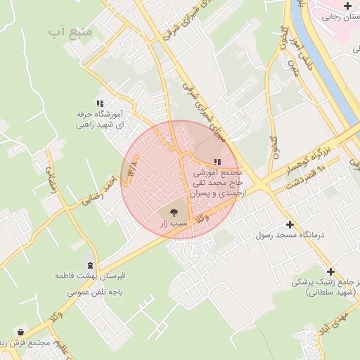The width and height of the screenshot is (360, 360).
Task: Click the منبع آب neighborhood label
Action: point(67,32)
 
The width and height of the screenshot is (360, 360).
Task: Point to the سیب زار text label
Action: point(172,224)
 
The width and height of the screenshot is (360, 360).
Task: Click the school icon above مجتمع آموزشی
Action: point(216,162)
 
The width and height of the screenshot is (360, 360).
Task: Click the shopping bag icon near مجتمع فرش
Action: point(21,332)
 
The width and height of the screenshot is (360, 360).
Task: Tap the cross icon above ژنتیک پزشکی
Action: point(331,271)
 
